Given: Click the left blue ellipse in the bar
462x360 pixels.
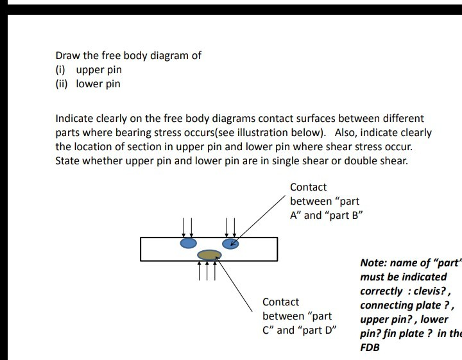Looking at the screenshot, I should (188, 244).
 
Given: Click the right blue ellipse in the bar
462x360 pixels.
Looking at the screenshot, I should (230, 243).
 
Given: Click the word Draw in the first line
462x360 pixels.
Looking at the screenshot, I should (67, 55).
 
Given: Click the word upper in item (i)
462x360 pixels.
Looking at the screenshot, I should (89, 70).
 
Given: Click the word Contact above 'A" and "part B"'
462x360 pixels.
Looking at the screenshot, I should (308, 187).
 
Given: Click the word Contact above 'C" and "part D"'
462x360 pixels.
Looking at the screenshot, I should (280, 302).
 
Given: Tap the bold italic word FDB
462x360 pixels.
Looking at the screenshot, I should (370, 347).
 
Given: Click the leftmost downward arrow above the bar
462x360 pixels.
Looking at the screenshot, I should (184, 227).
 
